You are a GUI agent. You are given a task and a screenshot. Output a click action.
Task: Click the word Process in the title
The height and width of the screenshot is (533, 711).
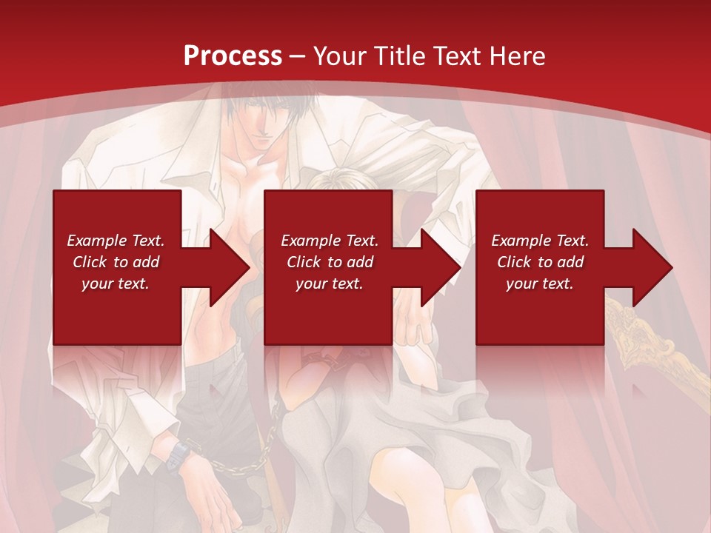[x=233, y=56]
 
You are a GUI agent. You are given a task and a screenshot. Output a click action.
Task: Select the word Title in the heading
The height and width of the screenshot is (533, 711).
[x=399, y=56]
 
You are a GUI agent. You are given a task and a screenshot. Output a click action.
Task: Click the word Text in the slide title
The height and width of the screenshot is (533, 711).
[x=458, y=56]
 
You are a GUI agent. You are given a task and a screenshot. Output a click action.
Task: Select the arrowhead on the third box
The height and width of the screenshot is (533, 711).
[x=651, y=267]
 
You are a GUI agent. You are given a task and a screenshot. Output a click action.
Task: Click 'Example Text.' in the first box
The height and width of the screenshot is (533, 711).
[x=116, y=241]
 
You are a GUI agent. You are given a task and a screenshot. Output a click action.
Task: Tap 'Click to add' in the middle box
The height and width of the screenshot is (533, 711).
[x=330, y=262]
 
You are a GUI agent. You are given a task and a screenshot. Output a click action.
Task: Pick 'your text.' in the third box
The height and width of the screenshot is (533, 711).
[x=540, y=284]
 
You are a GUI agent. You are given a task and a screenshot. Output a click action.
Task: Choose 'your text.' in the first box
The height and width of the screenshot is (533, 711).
[x=116, y=284]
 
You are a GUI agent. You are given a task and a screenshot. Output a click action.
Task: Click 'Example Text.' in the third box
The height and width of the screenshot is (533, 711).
[x=540, y=241]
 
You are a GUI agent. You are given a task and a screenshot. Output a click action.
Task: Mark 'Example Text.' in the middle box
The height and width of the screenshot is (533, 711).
[x=330, y=241]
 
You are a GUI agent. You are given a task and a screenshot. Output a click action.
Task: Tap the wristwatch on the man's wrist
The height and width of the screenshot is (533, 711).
[x=179, y=453]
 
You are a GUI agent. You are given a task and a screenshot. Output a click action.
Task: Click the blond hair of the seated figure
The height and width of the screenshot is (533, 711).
[x=337, y=181]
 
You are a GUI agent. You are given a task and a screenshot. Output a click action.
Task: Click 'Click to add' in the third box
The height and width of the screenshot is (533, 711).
[x=540, y=262]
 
